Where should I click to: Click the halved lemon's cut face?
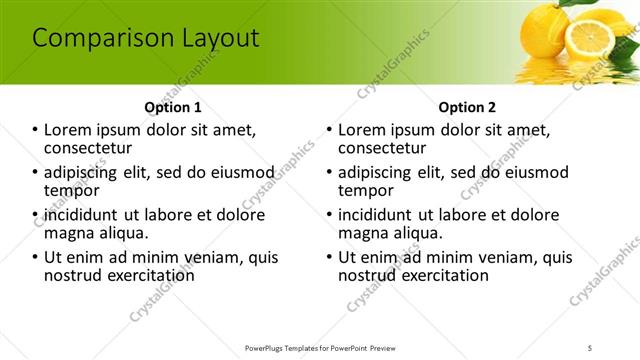(591, 41)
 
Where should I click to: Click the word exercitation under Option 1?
(144, 274)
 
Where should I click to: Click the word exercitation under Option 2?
(438, 274)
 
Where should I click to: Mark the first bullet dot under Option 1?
(36, 130)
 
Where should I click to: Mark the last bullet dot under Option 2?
(330, 258)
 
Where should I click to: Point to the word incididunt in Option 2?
(378, 215)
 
